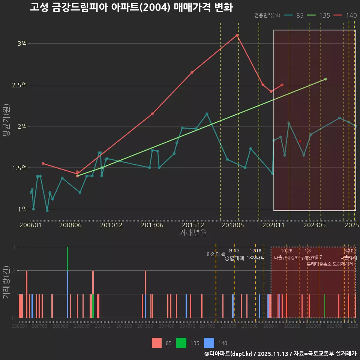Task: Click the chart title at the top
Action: (131, 8)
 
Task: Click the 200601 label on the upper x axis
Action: (30, 225)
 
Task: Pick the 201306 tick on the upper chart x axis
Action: (152, 225)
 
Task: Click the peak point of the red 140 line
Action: (237, 35)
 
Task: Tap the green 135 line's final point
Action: (325, 79)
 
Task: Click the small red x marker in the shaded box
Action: (300, 141)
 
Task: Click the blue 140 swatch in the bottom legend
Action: (209, 343)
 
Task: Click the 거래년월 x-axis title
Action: (193, 233)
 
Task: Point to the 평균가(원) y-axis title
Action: (6, 126)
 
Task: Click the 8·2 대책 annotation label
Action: (216, 254)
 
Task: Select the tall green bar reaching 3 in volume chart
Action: (68, 259)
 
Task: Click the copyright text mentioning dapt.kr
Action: (280, 354)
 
